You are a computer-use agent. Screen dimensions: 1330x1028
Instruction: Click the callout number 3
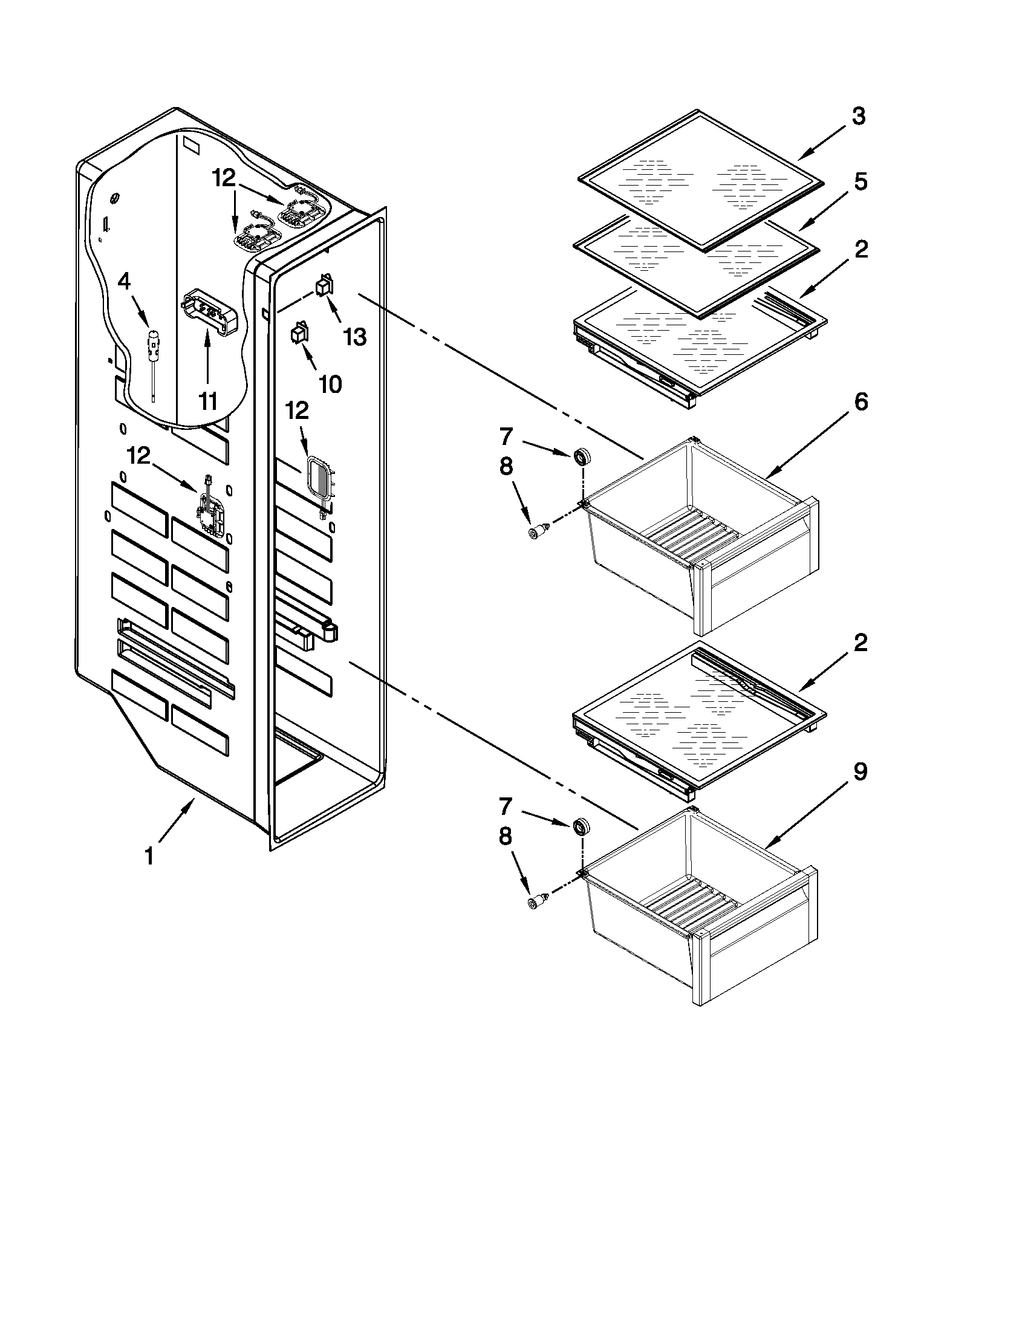pyautogui.click(x=858, y=115)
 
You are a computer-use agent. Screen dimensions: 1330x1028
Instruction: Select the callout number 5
pyautogui.click(x=860, y=181)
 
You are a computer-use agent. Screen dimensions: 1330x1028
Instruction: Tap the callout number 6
pyautogui.click(x=860, y=402)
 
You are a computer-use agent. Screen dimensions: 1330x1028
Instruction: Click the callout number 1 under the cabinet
pyautogui.click(x=149, y=855)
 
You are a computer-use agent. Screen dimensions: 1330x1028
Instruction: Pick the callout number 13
pyautogui.click(x=354, y=336)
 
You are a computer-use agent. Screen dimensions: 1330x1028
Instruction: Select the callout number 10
pyautogui.click(x=330, y=384)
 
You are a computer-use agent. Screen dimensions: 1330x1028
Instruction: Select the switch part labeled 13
pyautogui.click(x=324, y=284)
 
